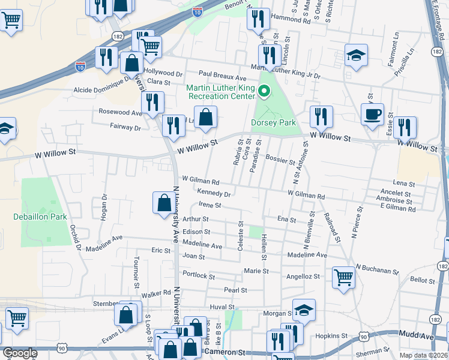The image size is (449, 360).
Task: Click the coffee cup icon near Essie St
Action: tap(372, 113)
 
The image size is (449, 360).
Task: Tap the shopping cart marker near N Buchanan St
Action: tap(343, 277)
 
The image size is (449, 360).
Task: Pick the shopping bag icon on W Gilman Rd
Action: tap(164, 203)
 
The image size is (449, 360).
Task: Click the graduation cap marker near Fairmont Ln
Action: tap(356, 55)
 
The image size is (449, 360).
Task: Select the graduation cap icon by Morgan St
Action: tap(304, 310)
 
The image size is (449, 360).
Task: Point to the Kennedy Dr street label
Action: tap(214, 193)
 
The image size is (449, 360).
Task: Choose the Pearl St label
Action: tap(235, 290)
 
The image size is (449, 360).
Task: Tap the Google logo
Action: tap(19, 353)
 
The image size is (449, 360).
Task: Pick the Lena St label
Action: tap(404, 183)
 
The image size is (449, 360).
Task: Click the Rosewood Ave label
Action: tap(120, 112)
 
